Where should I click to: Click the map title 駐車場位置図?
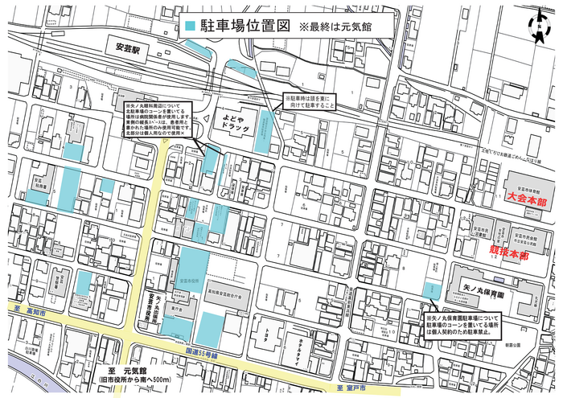tap(245, 25)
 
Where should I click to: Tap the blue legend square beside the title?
tap(190, 26)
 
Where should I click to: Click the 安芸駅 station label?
tap(128, 49)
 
